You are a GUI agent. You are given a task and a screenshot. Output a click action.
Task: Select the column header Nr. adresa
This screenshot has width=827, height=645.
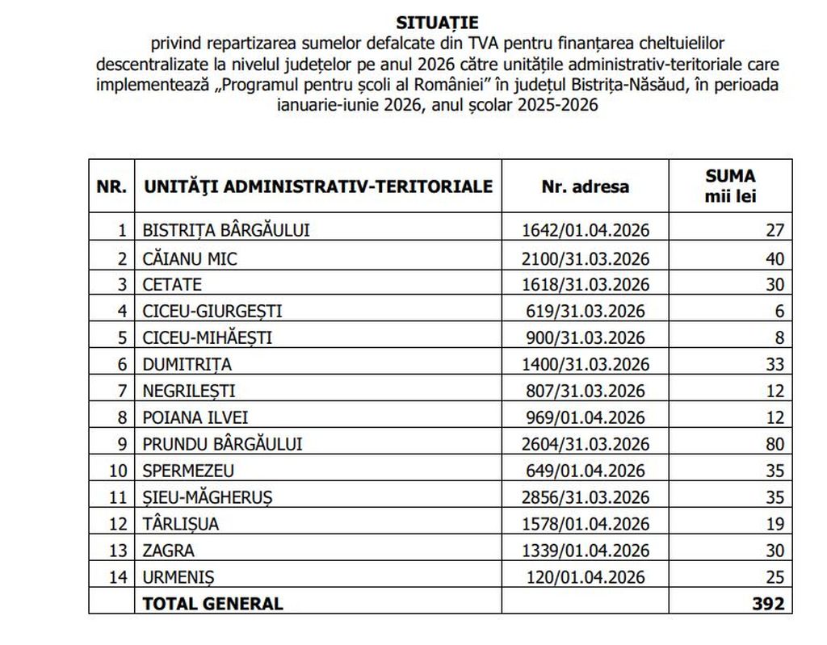(585, 186)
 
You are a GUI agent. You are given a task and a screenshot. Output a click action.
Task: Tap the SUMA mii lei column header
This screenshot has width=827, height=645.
(730, 186)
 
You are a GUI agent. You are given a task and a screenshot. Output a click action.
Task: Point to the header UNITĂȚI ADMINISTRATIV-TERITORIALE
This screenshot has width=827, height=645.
(318, 186)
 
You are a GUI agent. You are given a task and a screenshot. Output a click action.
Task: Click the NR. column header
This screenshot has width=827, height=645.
(111, 186)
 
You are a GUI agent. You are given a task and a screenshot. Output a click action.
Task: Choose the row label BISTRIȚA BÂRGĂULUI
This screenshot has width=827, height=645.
(226, 230)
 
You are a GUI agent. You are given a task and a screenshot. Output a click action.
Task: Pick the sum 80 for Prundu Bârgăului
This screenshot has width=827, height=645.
(775, 443)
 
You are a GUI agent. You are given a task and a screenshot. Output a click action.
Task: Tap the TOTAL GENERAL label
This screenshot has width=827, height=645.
(213, 603)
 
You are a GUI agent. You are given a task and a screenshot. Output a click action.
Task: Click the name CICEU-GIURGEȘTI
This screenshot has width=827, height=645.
(212, 311)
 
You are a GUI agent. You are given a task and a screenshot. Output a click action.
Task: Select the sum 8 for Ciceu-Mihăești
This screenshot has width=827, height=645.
(779, 337)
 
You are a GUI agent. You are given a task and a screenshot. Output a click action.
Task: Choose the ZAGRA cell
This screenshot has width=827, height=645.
(169, 550)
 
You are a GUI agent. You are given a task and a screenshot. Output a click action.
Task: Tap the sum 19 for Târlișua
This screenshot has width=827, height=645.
(775, 523)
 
